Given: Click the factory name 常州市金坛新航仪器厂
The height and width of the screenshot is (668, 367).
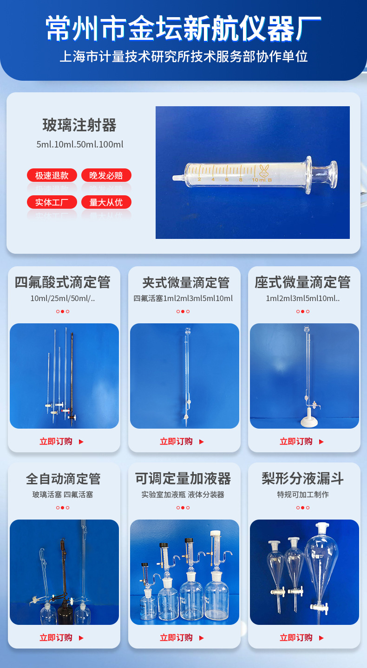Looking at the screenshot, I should coord(183,28).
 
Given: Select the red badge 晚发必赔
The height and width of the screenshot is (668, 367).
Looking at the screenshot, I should coord(106,175).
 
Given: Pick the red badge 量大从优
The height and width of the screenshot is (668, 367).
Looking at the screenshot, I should coord(106,202).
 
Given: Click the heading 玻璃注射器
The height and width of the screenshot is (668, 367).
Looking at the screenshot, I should coord(79,125).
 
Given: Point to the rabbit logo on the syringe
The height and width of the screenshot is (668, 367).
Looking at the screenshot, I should coord(264,172).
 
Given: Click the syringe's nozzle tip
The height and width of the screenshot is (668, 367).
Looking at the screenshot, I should coord(177,178).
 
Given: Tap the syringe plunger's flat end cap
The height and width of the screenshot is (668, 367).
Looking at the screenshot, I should coord(333,174).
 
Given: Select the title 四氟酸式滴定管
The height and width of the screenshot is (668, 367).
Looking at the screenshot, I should coord(63,282).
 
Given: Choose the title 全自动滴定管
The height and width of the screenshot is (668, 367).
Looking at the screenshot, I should coord(63,478).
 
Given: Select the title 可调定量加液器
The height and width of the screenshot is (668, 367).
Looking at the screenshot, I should coord(183,478).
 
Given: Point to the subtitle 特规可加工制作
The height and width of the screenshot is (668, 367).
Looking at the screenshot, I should coord(303,495).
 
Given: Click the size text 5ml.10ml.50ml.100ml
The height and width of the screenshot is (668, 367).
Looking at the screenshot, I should coord(80,144).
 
